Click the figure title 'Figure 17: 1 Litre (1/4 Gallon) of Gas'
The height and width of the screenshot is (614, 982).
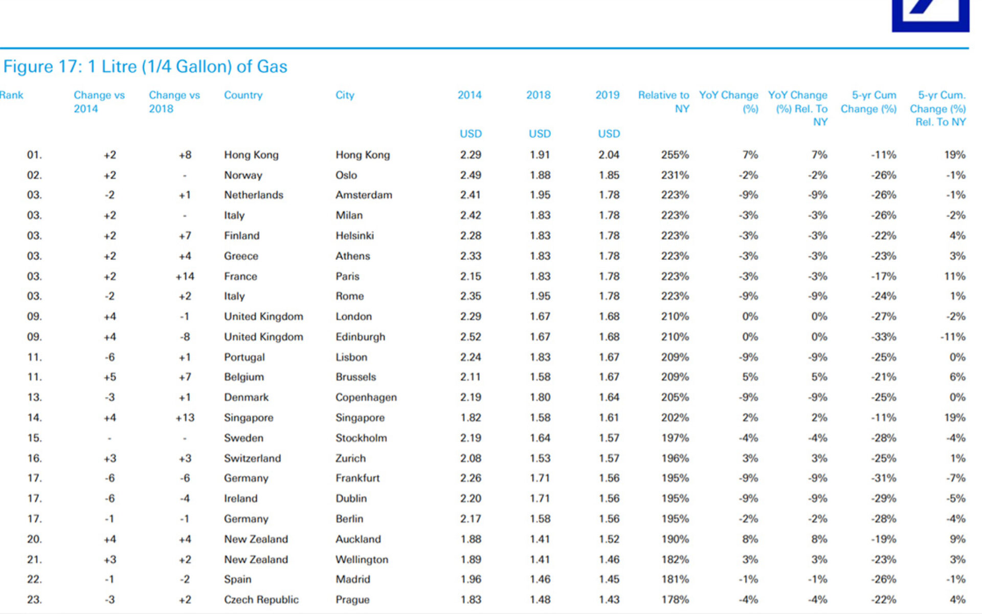tap(145, 67)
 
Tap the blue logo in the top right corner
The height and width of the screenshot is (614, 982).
tap(930, 16)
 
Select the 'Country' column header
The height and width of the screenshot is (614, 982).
tap(243, 95)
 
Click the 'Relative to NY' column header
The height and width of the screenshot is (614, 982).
tap(663, 102)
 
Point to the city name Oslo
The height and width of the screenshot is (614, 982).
tap(346, 175)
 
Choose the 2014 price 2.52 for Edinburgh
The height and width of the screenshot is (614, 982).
tap(471, 337)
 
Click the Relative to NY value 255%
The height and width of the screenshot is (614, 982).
tap(675, 155)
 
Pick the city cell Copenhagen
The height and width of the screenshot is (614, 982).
tap(366, 398)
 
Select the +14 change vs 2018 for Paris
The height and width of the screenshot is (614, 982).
tap(185, 276)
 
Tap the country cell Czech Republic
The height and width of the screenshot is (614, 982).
tap(261, 600)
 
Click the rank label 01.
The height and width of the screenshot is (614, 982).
tap(34, 155)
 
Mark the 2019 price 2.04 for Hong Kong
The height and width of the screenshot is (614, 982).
tap(609, 155)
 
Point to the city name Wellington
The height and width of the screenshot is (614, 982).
tap(362, 560)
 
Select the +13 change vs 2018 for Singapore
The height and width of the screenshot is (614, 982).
tap(185, 418)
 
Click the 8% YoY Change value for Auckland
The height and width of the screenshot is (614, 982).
tap(750, 539)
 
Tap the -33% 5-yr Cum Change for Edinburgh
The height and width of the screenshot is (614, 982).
tap(884, 337)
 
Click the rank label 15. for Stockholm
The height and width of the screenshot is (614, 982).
tap(34, 438)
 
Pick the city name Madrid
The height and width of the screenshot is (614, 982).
tap(352, 579)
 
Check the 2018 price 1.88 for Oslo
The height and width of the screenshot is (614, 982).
tap(540, 175)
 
